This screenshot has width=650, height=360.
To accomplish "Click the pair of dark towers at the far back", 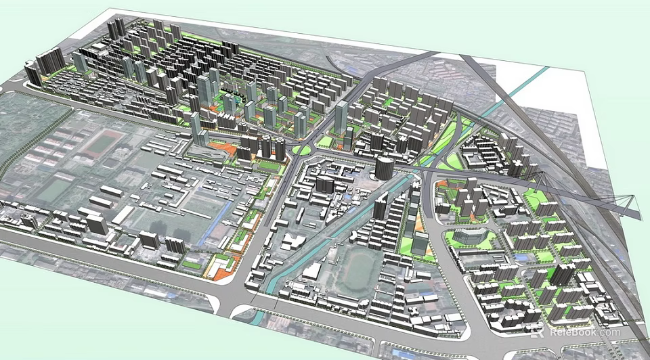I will (x=116, y=28).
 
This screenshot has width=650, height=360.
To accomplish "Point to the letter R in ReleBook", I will (x=554, y=332).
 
